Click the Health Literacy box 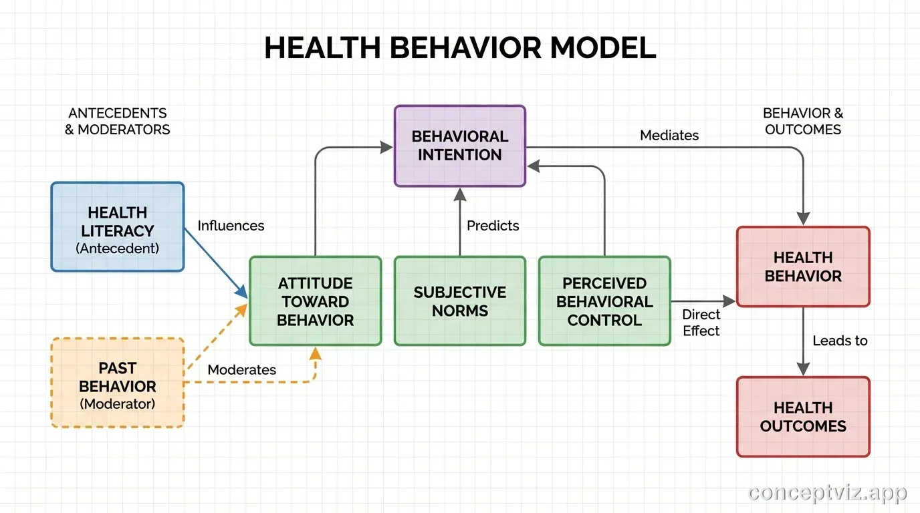click(118, 227)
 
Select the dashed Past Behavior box click(118, 383)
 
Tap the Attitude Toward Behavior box click(315, 301)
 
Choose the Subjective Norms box click(460, 301)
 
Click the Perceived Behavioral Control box click(604, 301)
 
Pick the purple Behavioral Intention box click(460, 146)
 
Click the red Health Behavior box click(803, 267)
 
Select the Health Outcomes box click(803, 417)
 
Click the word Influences click(231, 226)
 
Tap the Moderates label click(241, 369)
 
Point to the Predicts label click(493, 226)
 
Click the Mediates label click(669, 135)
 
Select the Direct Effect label click(701, 323)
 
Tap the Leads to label click(840, 341)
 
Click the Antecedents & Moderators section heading click(118, 121)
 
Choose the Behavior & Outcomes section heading click(803, 121)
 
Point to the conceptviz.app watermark click(828, 493)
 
